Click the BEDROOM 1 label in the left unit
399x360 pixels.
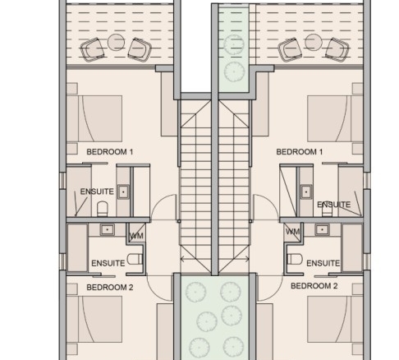tap(110, 152)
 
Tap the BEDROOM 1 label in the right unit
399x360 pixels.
tap(300, 152)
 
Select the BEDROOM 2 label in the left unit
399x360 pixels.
tap(110, 288)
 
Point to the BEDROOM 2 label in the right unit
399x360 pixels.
tap(314, 286)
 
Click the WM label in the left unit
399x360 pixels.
tap(136, 236)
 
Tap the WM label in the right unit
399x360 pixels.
tap(292, 232)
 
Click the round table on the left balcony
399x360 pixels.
tap(116, 42)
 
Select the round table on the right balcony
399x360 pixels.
tap(314, 42)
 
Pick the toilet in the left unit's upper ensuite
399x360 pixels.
tap(103, 209)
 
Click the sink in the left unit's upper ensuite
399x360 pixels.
tap(123, 192)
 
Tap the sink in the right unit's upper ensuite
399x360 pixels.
tap(306, 192)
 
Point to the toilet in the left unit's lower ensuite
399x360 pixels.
tap(135, 259)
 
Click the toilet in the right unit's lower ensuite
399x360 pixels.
tap(295, 259)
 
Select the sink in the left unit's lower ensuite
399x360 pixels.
tap(108, 229)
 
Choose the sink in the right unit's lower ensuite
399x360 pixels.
tap(322, 229)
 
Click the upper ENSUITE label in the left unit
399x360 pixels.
tap(97, 192)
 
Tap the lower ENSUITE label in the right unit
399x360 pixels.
tap(323, 263)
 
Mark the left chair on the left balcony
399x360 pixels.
tap(92, 49)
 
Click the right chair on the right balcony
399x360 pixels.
tap(337, 49)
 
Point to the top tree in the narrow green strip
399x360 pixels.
tap(234, 44)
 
